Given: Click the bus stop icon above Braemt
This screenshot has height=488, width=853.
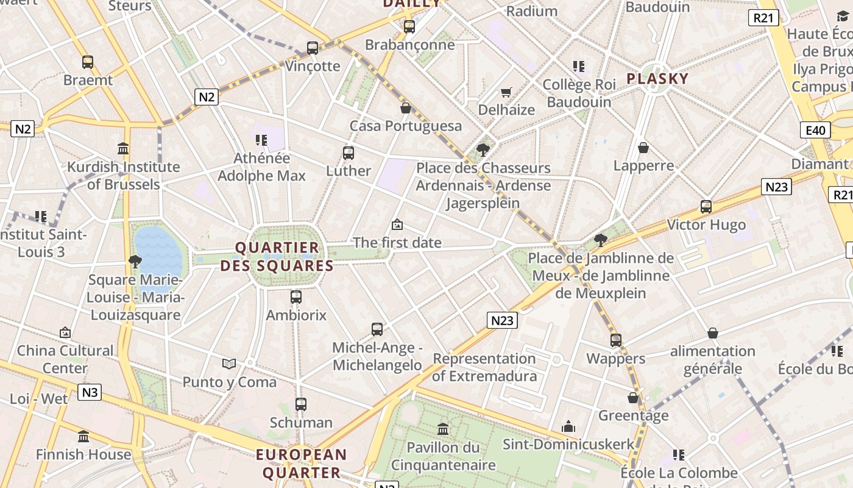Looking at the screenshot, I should point(88,62).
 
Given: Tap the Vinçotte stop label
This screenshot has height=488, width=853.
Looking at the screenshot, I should point(313,66).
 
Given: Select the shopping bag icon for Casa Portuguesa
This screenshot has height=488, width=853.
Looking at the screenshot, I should point(406,108).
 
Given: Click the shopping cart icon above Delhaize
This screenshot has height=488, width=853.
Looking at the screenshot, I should point(506,93).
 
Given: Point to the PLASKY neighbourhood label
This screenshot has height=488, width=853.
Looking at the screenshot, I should point(657,79).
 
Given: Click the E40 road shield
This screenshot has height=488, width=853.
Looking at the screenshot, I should point(815,130).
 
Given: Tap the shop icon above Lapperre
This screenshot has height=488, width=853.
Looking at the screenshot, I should point(643,148).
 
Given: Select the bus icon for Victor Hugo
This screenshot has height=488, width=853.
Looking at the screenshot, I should point(706,207).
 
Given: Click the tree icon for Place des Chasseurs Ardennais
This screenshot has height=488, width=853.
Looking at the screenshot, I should point(483,149).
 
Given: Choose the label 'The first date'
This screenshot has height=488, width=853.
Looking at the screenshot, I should point(397,242).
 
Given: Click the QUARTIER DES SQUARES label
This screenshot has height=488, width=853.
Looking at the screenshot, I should point(277,257).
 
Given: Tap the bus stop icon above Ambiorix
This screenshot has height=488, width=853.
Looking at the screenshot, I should point(296,297).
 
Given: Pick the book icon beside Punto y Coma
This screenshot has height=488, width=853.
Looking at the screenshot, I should point(229,364).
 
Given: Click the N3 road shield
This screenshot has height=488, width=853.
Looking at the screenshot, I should point(90,392).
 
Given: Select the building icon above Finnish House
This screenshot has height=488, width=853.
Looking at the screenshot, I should point(83,437).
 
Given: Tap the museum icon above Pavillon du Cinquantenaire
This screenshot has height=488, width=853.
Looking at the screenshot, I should point(443,429).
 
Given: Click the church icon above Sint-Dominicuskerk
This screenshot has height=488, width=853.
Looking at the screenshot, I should point(568,426).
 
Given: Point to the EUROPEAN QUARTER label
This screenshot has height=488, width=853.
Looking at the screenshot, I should point(301,464).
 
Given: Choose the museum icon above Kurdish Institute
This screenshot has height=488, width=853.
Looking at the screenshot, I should point(123,148).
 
